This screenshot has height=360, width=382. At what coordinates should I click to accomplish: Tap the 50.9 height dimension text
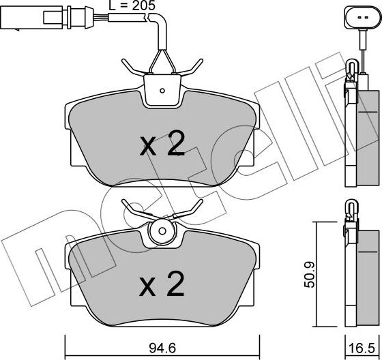310,275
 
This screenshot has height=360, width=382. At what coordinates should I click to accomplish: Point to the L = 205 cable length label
132,5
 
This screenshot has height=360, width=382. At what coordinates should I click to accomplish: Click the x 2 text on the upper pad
162,143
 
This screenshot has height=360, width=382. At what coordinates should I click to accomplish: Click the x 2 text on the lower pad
162,284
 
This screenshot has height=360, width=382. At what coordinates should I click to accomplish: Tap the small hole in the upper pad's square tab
162,91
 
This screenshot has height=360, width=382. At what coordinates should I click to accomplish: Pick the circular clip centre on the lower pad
162,230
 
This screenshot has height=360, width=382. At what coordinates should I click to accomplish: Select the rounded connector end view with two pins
362,18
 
